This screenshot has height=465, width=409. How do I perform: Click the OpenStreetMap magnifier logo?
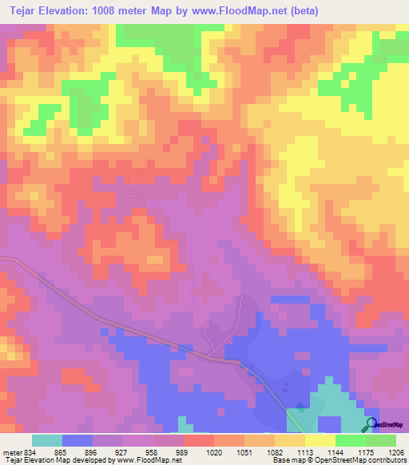371,424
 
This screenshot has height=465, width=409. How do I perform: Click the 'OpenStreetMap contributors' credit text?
364,460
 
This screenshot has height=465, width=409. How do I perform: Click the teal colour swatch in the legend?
46,440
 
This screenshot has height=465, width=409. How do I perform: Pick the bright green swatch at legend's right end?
381,440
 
